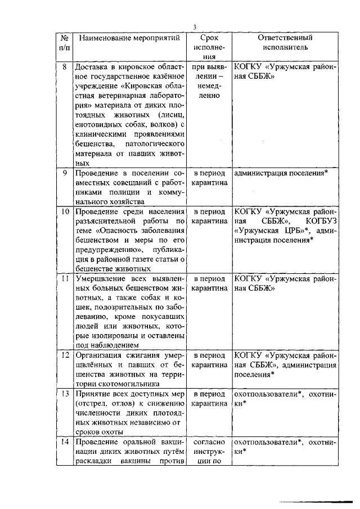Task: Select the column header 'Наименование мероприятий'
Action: tap(129, 38)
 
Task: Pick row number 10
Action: tap(65, 212)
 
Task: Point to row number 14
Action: tap(65, 443)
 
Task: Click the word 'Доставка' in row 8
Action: tap(93, 67)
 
